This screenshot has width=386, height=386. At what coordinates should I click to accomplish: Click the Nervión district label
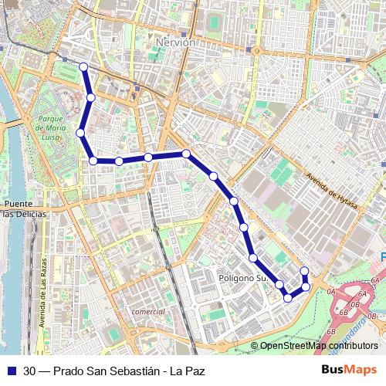pos(174,43)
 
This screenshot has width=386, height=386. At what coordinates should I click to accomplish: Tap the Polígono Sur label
pos(242,277)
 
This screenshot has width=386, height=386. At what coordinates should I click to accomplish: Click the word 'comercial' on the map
pos(148,311)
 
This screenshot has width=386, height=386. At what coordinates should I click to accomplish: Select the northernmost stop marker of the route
pos(83,67)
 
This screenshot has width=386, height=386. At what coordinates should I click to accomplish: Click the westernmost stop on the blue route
pos(80,133)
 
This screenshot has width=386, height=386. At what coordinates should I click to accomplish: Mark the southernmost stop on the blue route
pos(288,297)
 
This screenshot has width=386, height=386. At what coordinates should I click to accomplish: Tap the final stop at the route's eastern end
pos(304,271)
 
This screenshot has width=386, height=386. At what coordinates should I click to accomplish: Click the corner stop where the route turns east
pos(93,161)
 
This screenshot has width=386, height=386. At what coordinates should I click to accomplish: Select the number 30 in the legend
pos(29,371)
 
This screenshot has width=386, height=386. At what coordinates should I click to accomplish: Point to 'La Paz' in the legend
pos(188,371)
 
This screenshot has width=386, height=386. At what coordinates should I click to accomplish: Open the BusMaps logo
pos(350,370)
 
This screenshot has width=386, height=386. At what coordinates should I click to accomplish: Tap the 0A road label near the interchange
pos(330,291)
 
